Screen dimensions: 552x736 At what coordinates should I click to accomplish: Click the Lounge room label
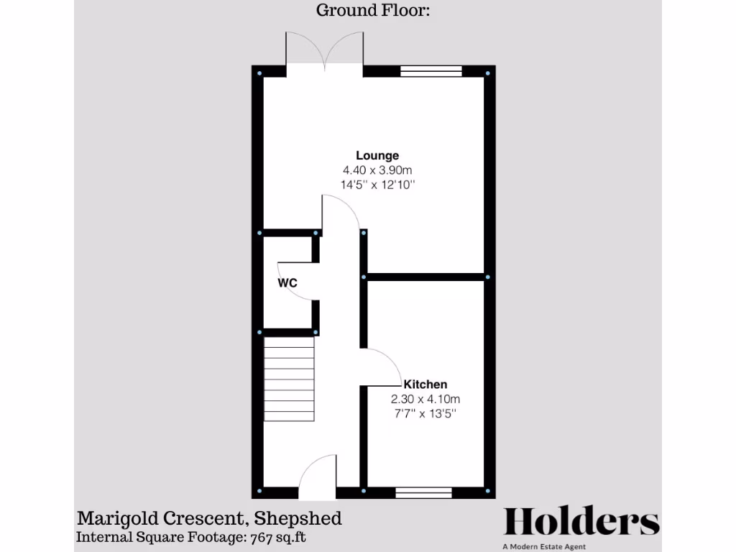tap(377, 155)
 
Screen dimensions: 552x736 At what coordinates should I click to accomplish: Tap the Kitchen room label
tap(425, 384)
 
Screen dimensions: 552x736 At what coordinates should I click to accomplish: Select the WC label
tap(287, 283)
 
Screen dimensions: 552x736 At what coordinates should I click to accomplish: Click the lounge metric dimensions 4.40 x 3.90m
tap(377, 170)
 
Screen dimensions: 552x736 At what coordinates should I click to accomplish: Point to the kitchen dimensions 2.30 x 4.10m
tap(425, 399)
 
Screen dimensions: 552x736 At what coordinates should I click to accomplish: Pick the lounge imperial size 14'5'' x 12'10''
tap(378, 185)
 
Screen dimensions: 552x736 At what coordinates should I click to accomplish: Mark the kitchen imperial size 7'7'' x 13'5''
tap(425, 414)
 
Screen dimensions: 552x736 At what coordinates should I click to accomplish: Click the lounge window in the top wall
tap(430, 71)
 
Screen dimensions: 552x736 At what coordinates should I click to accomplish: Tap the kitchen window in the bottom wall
tap(423, 492)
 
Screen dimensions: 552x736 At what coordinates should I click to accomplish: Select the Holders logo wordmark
tap(581, 522)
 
